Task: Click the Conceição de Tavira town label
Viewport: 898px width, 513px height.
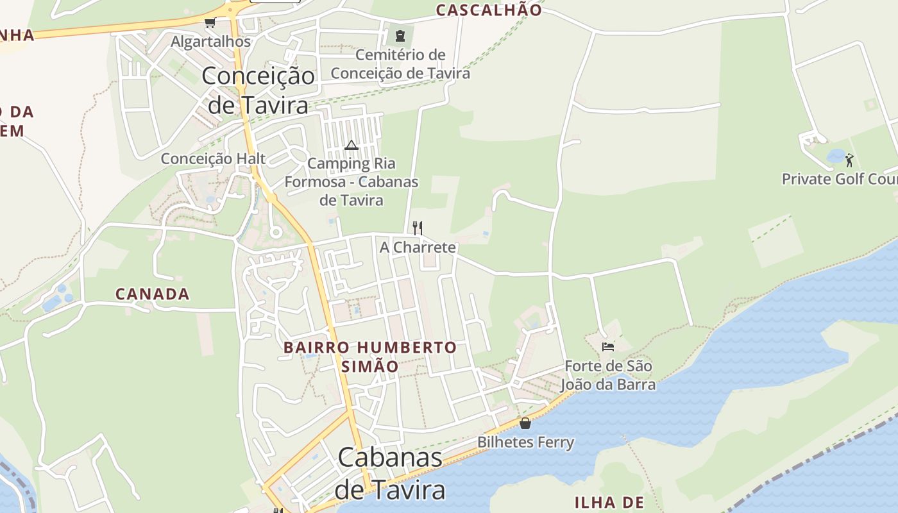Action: [258, 90]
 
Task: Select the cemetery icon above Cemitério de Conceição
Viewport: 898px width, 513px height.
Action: [401, 35]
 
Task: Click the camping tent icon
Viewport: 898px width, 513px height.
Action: [351, 145]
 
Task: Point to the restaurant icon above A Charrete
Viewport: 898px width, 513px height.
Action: [418, 228]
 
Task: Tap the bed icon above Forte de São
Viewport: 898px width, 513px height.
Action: [608, 347]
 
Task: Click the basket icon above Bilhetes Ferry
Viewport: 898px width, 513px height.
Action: [525, 423]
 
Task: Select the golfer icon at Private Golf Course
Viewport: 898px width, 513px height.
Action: [849, 160]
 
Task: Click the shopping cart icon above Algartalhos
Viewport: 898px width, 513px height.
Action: [210, 23]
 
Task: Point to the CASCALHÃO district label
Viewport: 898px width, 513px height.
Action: [489, 10]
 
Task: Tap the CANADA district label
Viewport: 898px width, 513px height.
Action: [153, 294]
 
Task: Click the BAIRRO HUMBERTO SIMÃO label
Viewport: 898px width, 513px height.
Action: [370, 357]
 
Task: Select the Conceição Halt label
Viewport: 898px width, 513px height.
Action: [213, 158]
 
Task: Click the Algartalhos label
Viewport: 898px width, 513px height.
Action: [210, 41]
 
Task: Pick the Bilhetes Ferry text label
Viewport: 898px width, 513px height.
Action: [525, 442]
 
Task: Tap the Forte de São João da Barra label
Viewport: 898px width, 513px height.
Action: [608, 375]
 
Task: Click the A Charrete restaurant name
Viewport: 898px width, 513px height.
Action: [418, 247]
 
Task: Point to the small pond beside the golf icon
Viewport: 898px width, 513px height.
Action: [836, 156]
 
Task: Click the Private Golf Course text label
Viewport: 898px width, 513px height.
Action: [839, 179]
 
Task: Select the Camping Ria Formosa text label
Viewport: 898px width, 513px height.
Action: [352, 182]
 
